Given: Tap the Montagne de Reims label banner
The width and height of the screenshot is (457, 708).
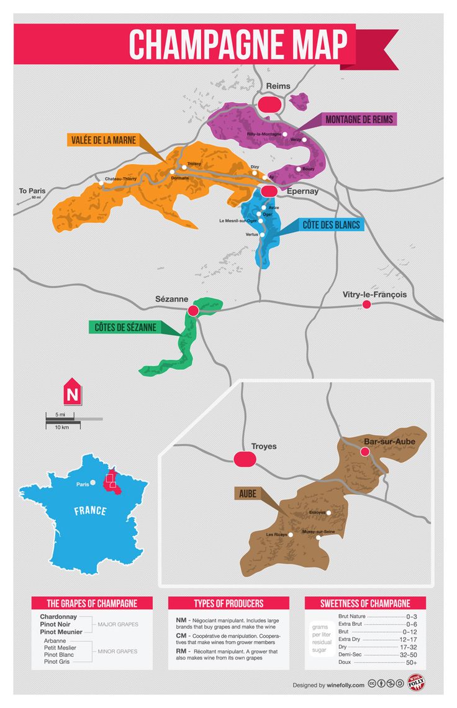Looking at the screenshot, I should point(359,119).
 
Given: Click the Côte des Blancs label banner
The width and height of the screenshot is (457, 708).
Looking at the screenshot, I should point(331,224).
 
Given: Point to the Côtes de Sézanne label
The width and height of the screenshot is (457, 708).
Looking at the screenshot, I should point(125,327).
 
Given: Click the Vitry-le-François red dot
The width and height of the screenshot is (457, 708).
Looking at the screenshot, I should point(366,304).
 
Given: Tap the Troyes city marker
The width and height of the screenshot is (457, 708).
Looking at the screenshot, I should point(245,459).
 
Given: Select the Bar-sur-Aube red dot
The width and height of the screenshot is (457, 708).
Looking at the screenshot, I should point(364,451).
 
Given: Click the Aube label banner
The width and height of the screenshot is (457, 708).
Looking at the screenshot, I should point(248,494).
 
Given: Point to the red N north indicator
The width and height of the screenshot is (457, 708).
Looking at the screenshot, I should point(71,393).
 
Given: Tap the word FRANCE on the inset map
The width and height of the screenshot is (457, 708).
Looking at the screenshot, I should point(90,511).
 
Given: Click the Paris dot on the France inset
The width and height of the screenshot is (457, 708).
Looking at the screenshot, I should point(93,482).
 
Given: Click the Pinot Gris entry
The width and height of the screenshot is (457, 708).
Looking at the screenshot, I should point(57,661).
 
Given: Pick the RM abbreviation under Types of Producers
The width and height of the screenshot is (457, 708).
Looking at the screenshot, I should point(181,651).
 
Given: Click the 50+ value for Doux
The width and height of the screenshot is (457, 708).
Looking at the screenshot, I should point(411,663).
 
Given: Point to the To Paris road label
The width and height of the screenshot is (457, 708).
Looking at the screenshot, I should point(31,191).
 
